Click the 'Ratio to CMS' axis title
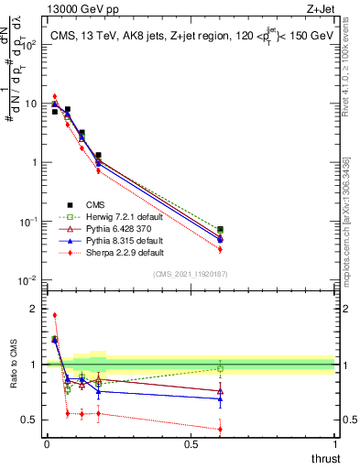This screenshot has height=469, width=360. (x=14, y=378)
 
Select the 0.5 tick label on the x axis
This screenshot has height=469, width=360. (x=191, y=443)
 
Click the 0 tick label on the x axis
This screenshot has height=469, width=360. (x=47, y=443)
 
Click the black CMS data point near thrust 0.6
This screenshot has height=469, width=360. (x=220, y=230)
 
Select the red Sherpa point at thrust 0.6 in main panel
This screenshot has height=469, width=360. (x=220, y=249)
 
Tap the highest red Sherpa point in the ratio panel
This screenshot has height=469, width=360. (x=55, y=315)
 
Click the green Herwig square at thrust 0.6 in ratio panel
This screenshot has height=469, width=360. (x=220, y=368)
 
